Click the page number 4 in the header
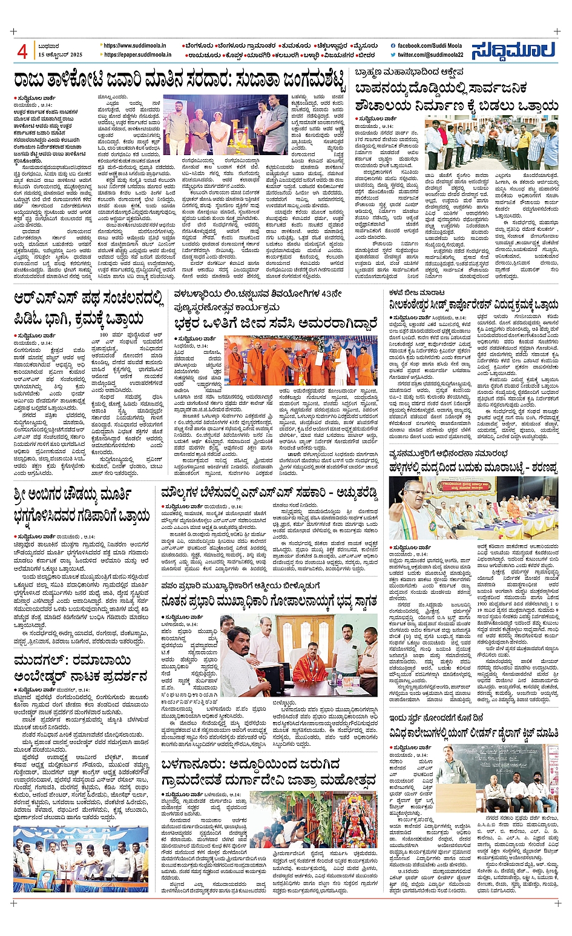click(x=22, y=51)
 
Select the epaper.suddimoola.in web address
click(x=137, y=55)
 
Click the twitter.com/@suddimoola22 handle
click(x=430, y=55)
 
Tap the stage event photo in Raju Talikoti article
click(x=226, y=125)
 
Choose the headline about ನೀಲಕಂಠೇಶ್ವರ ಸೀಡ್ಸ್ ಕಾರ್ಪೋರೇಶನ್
click(x=474, y=305)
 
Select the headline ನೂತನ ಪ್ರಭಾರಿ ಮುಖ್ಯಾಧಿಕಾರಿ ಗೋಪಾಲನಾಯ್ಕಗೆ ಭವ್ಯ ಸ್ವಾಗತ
click(x=269, y=600)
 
